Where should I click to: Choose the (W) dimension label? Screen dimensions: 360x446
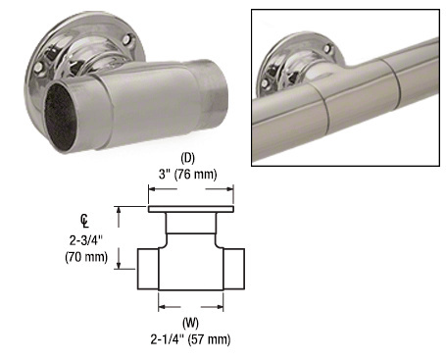click(x=191, y=322)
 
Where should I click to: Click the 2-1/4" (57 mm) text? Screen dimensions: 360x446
click(x=191, y=338)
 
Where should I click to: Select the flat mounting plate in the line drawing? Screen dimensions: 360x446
click(x=191, y=210)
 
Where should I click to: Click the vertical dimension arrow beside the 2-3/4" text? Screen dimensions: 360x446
click(x=121, y=236)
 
